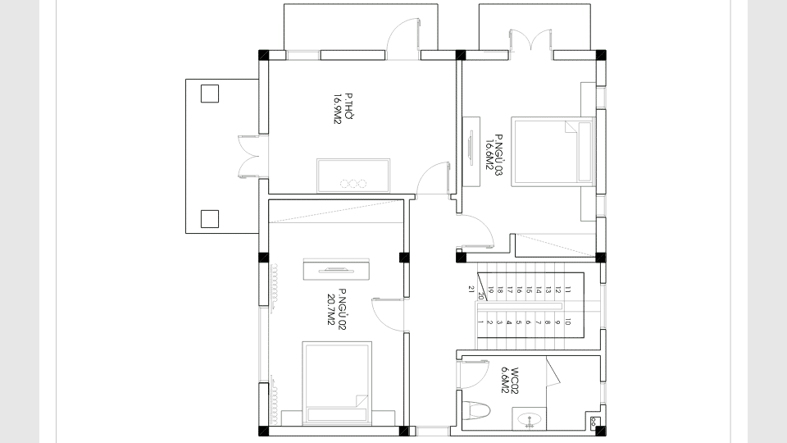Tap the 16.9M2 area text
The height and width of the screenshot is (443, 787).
[x=338, y=108]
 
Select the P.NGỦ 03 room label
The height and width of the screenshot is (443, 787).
[x=498, y=155]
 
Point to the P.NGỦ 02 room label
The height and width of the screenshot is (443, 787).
[x=342, y=309]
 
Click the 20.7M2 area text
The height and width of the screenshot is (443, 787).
[x=330, y=310]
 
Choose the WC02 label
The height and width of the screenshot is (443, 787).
[x=515, y=381]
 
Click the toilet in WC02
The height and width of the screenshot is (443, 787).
[x=475, y=410]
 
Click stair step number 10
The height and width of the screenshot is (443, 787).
[x=567, y=322]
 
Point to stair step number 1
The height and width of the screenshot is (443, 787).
[x=480, y=322]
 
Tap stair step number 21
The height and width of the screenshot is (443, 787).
[x=471, y=290]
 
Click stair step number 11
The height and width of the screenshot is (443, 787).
[x=567, y=290]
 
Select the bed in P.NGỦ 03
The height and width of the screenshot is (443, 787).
[x=553, y=152]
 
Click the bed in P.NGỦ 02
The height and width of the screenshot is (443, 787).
[x=337, y=383]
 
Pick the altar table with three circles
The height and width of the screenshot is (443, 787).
[x=353, y=176]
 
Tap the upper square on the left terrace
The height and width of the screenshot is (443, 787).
[x=210, y=94]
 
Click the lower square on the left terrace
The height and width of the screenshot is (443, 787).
[x=210, y=219]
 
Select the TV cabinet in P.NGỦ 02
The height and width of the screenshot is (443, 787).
[x=336, y=269]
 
